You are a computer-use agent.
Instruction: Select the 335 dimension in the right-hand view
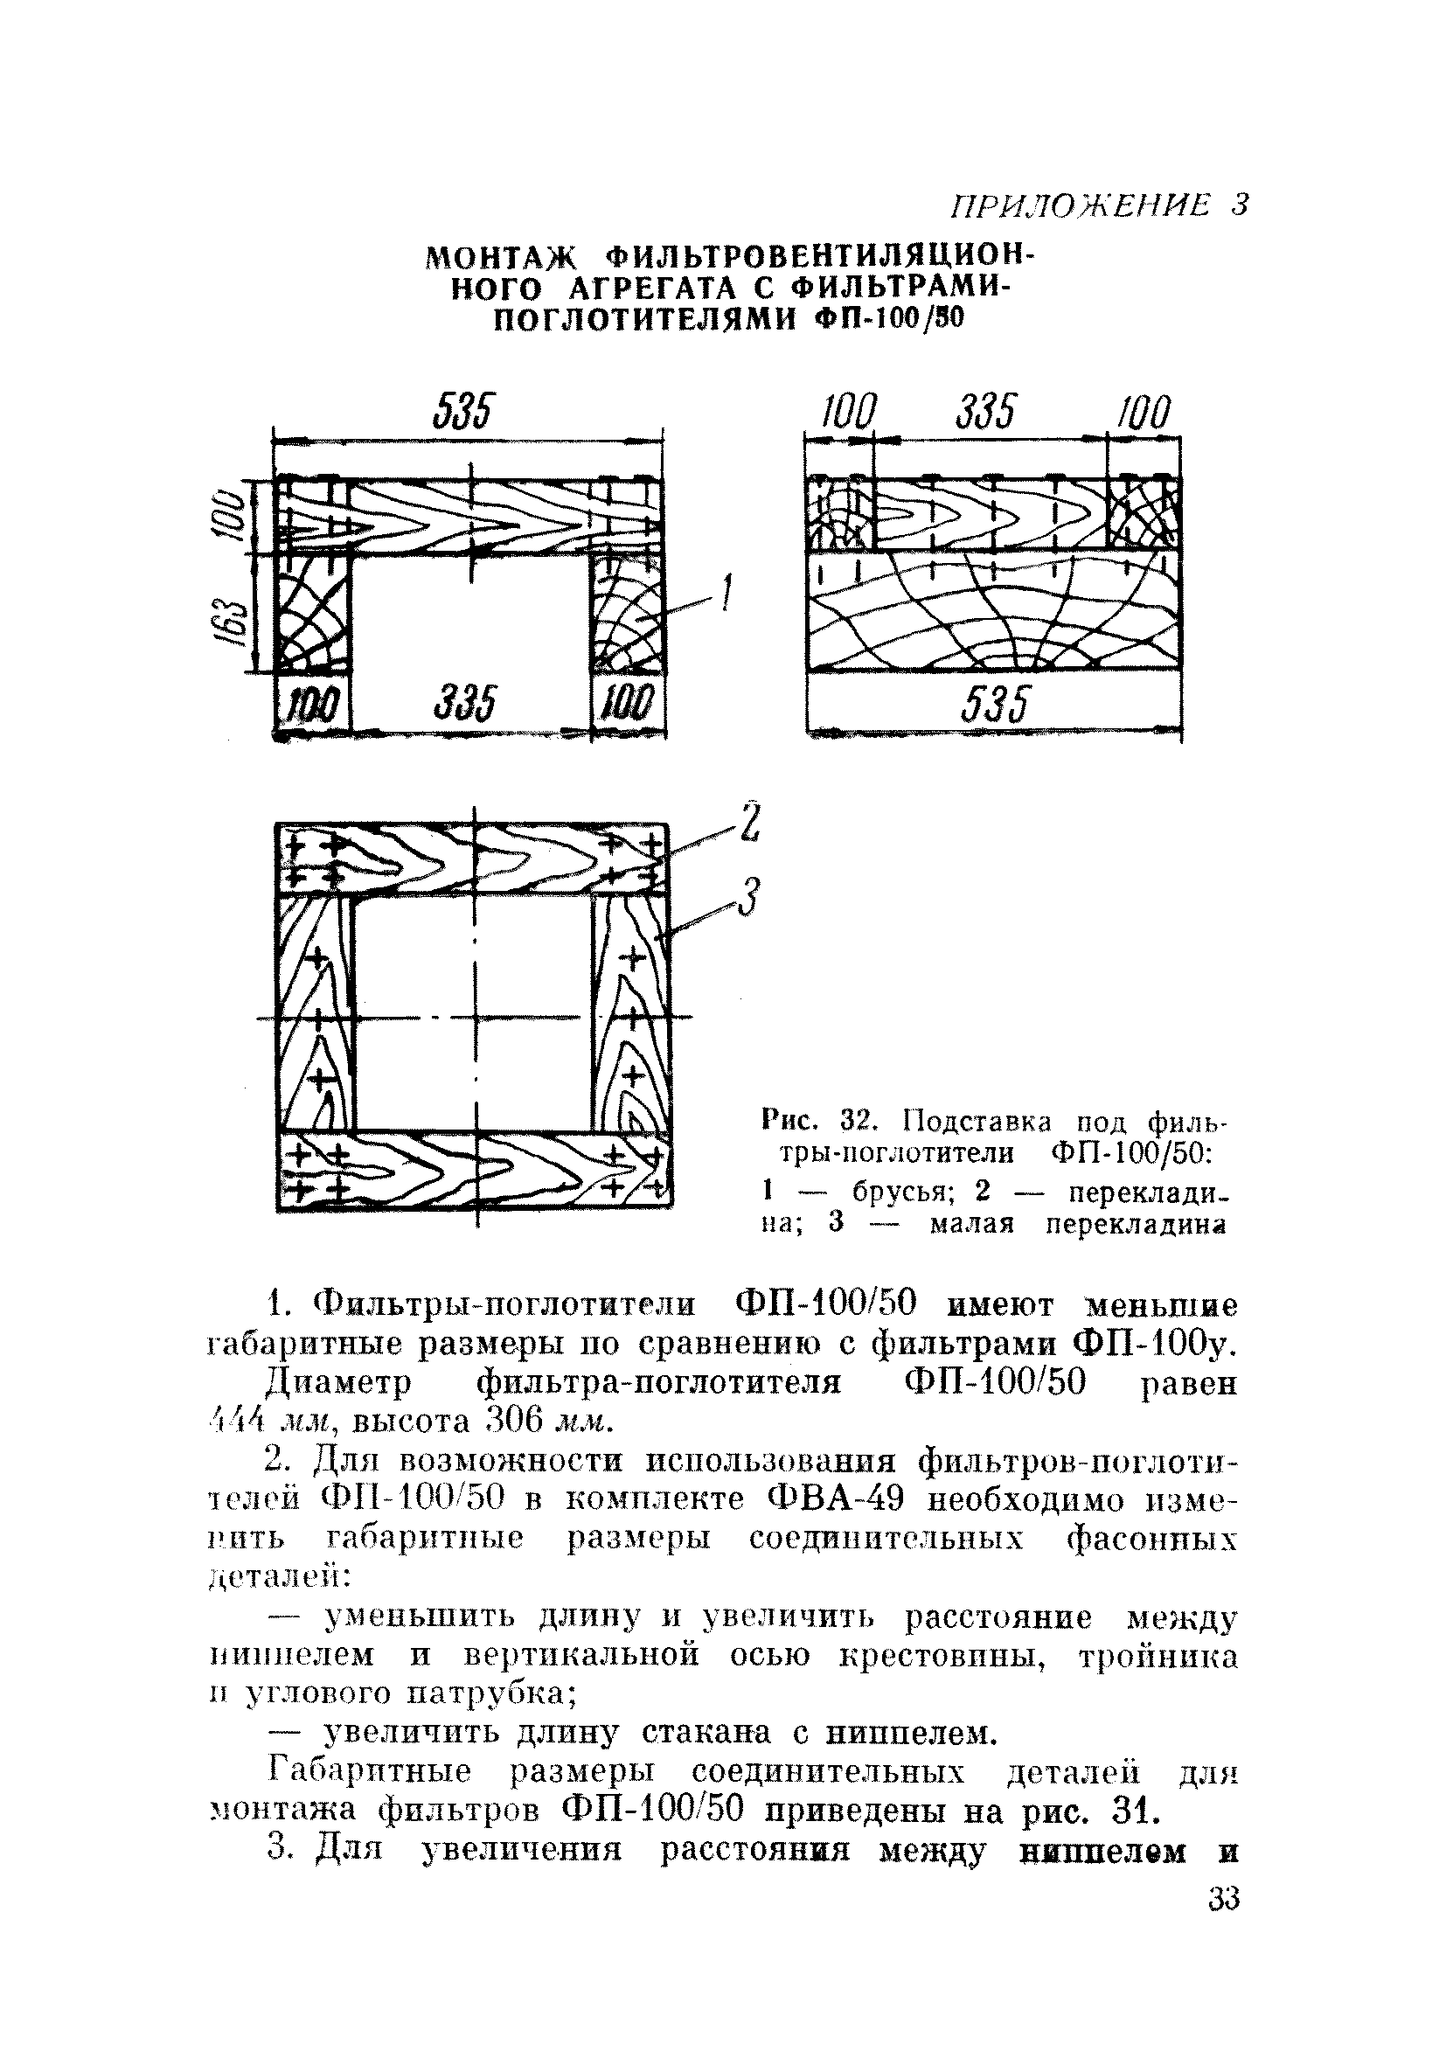coord(985,413)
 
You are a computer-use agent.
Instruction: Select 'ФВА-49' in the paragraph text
coord(836,1501)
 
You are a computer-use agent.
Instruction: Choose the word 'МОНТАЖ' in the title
coord(501,259)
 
